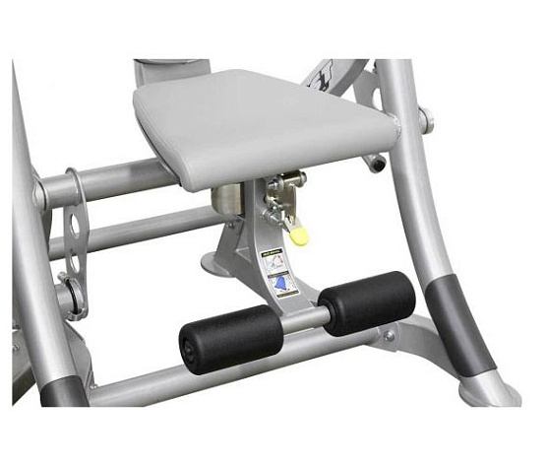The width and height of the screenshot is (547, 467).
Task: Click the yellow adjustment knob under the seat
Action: pos(300,237)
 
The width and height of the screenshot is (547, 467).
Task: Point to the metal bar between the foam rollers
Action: pos(293,319)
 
